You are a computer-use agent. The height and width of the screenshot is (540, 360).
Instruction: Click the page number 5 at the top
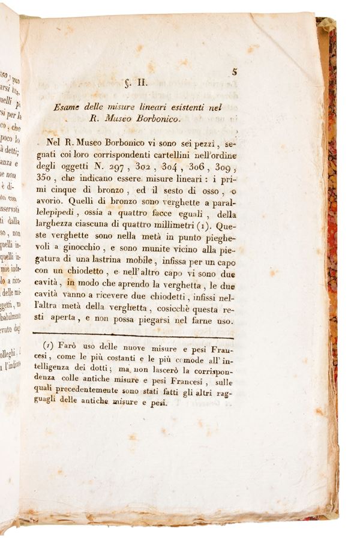235,71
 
